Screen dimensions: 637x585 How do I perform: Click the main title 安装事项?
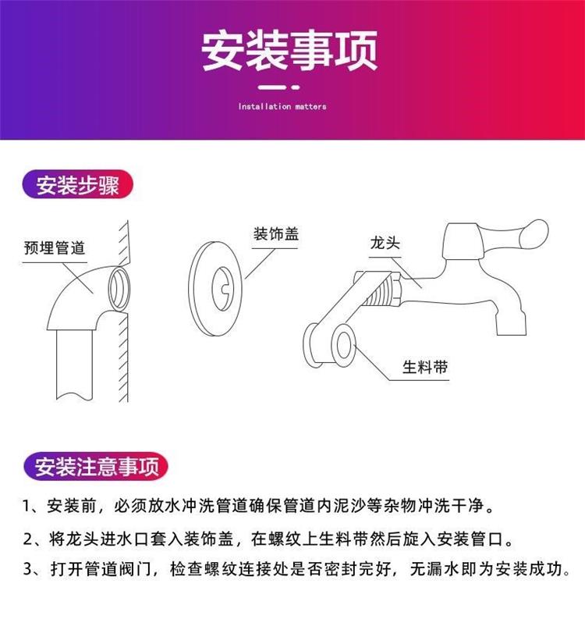point(290,51)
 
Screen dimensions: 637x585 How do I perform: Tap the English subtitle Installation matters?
point(282,106)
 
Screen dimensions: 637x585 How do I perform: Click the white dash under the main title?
point(282,88)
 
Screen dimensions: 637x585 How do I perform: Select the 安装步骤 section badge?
point(77,187)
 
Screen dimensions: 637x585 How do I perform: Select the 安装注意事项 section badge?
point(97,467)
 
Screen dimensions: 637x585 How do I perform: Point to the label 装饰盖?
point(276,233)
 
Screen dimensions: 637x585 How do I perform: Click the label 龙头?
point(385,244)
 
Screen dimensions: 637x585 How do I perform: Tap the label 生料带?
point(425,366)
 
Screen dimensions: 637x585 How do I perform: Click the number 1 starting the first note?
point(27,507)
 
